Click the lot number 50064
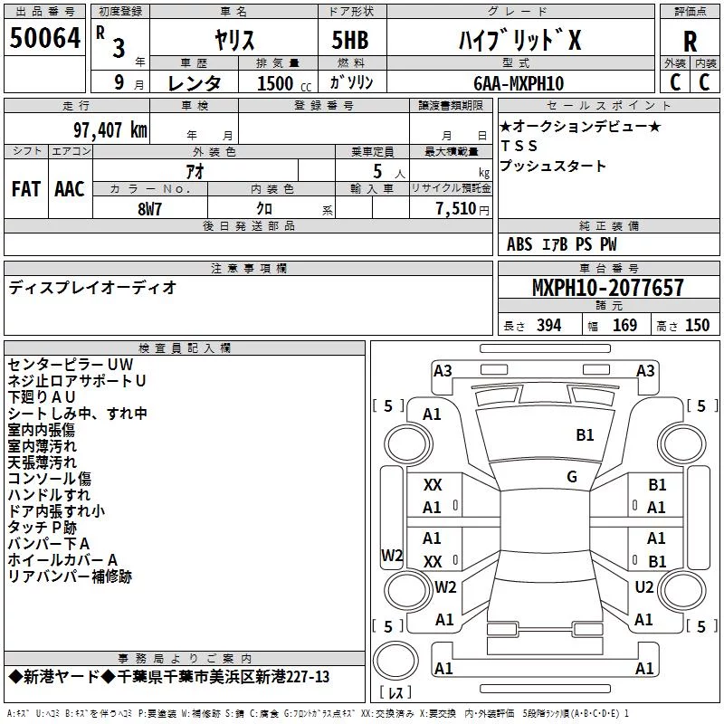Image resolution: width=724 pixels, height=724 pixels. click(x=44, y=38)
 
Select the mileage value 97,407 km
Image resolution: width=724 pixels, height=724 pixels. click(x=110, y=130)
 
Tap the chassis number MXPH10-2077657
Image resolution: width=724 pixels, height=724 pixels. click(x=607, y=287)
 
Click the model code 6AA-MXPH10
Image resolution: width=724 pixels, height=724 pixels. click(x=519, y=83)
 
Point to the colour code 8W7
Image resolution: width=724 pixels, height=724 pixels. click(x=149, y=209)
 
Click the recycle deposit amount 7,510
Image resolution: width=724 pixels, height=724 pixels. click(x=456, y=209)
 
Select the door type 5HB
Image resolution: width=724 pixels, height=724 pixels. click(x=350, y=40)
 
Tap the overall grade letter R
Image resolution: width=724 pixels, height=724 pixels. click(x=690, y=42)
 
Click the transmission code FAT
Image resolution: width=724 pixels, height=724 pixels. click(x=26, y=189)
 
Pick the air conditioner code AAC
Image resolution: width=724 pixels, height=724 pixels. click(x=70, y=189)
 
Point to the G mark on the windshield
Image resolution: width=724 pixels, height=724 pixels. click(x=572, y=476)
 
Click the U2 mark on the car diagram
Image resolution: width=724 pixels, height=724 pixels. click(x=643, y=586)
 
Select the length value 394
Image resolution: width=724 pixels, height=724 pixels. click(x=549, y=325)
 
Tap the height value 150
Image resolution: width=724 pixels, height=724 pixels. click(x=697, y=325)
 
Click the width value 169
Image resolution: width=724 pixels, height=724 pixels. click(x=624, y=325)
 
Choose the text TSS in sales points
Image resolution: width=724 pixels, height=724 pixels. click(x=519, y=146)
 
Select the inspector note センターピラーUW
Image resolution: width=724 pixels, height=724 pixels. click(x=71, y=365)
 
